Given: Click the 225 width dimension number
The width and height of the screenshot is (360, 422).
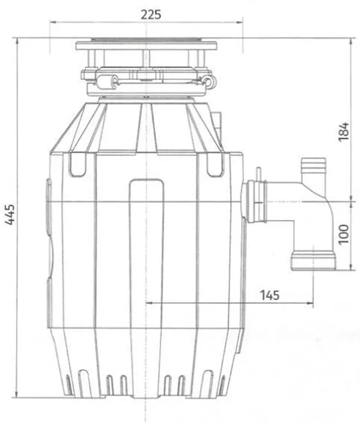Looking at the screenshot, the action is tap(151, 14).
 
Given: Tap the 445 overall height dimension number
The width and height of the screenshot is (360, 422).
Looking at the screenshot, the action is tap(10, 214).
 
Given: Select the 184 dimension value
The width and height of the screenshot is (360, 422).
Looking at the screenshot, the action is tap(343, 132).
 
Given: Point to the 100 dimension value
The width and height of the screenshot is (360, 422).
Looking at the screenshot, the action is tap(343, 234).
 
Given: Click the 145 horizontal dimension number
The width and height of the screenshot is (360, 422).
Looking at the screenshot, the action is tap(270, 295).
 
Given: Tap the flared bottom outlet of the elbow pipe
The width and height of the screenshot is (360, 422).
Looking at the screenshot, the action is tap(313, 260).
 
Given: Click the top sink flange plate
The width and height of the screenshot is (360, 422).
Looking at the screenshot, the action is tap(146, 45).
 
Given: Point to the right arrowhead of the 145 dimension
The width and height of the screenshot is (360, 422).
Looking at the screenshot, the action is tap(311, 303).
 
